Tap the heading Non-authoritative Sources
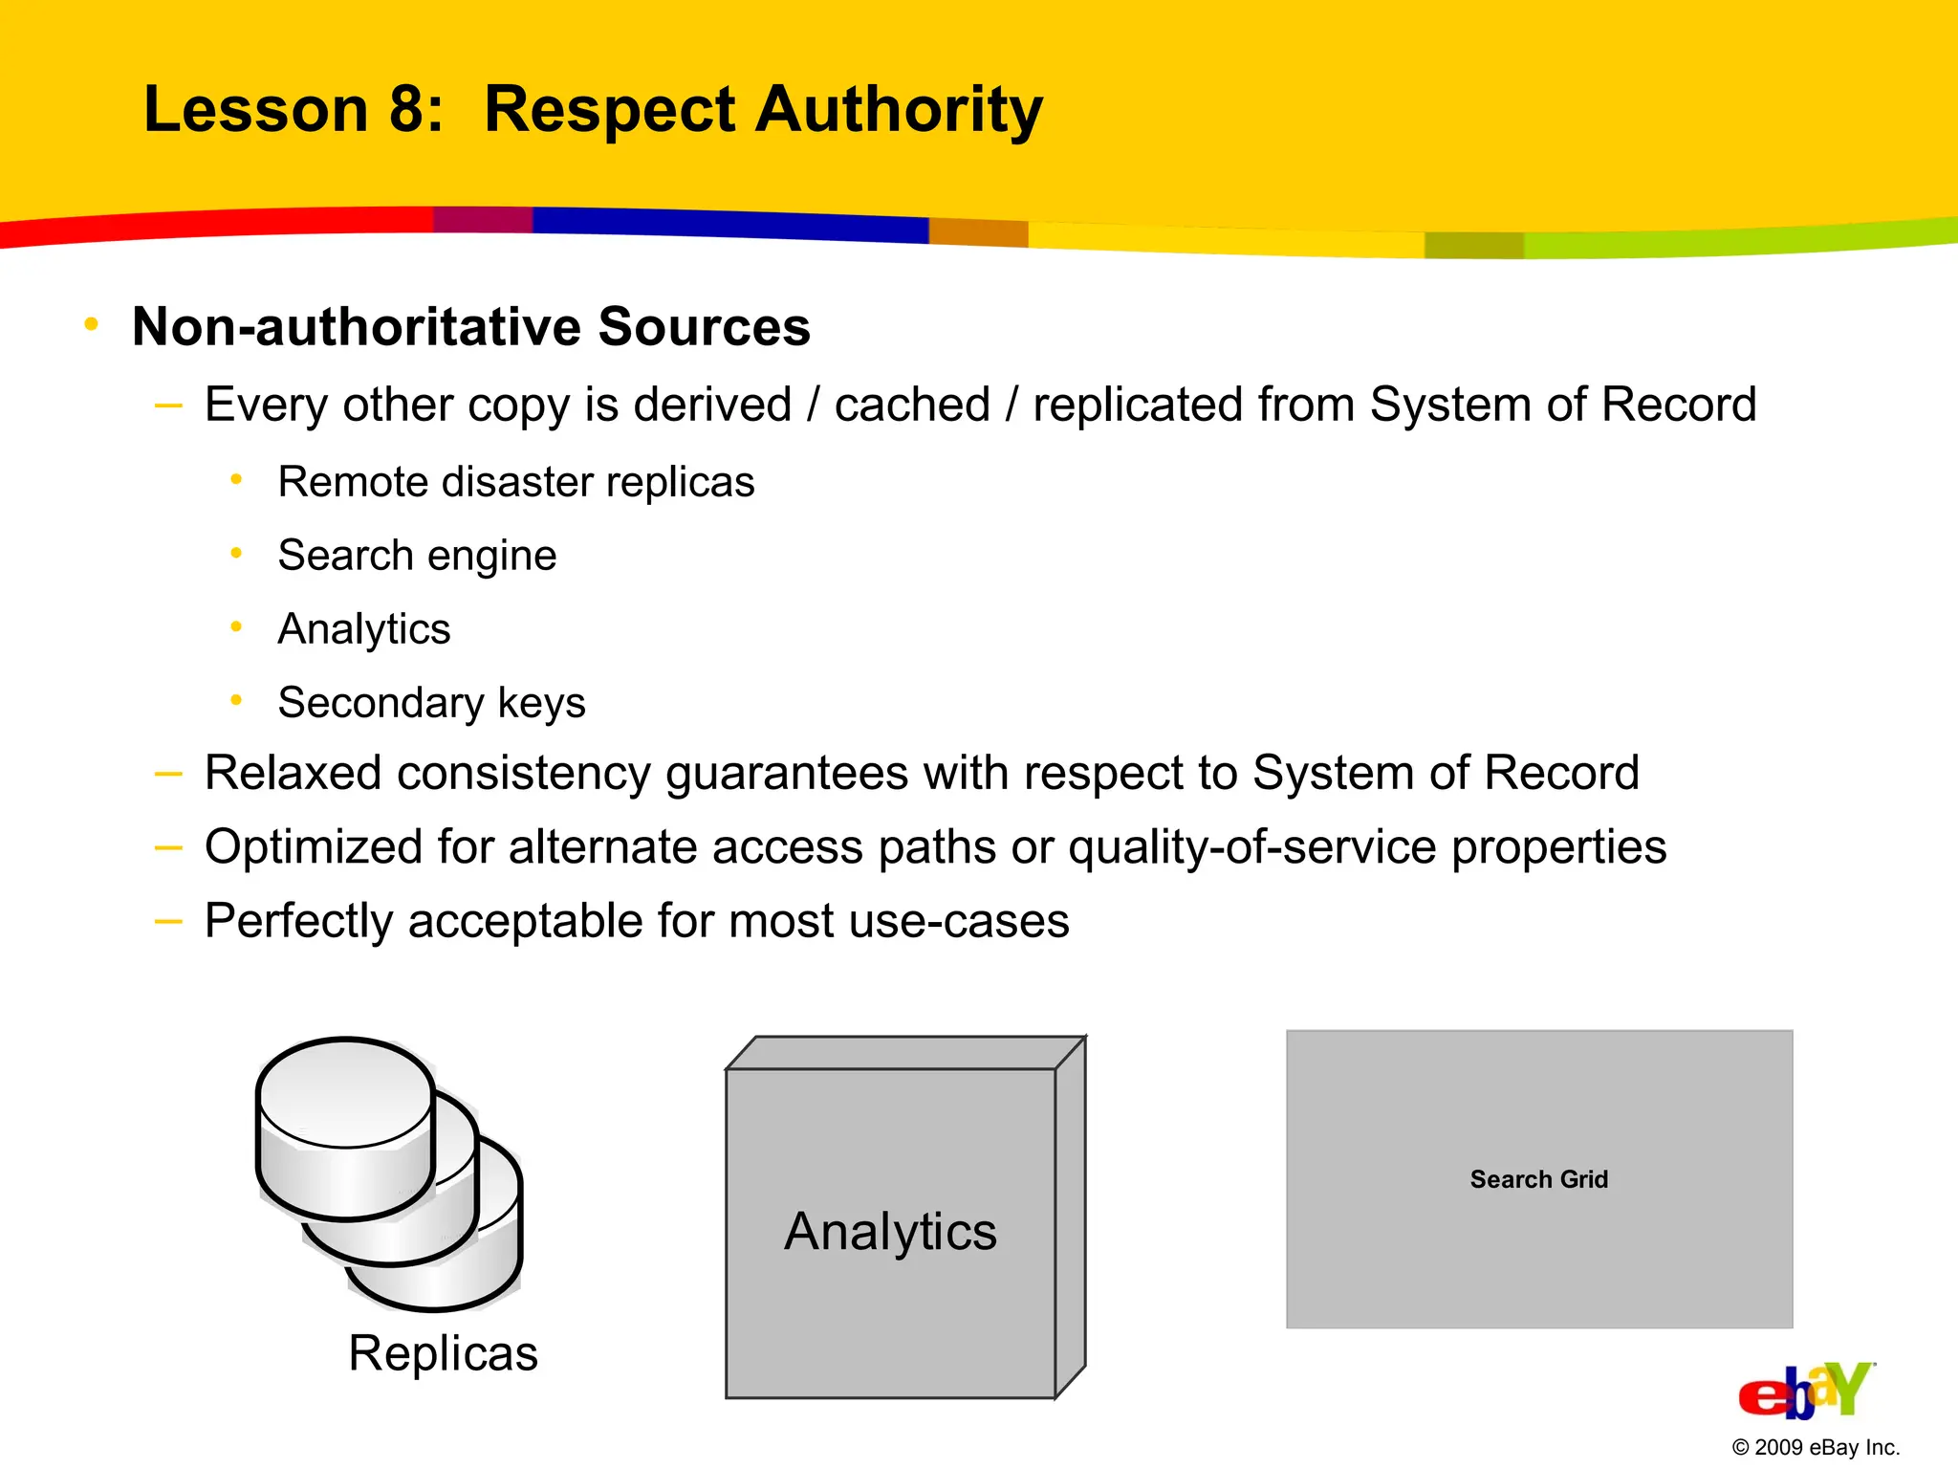click(x=471, y=327)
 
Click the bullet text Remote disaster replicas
click(x=516, y=482)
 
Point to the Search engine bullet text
click(x=417, y=556)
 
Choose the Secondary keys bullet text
click(x=431, y=703)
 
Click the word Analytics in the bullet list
click(x=364, y=629)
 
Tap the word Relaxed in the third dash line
click(x=293, y=773)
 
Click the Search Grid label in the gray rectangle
click(x=1539, y=1179)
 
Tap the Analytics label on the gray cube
click(x=890, y=1232)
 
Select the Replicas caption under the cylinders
click(x=443, y=1353)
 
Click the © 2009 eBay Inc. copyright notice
click(x=1816, y=1447)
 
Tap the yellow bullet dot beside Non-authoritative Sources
click(x=92, y=325)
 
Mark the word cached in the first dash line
click(x=912, y=405)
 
